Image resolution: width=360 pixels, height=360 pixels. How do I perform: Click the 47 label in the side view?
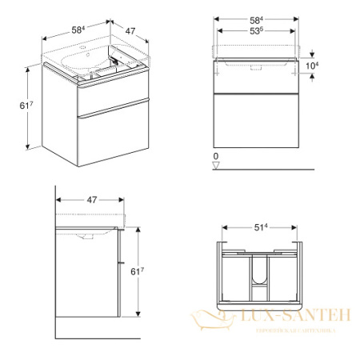[x=91, y=200]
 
